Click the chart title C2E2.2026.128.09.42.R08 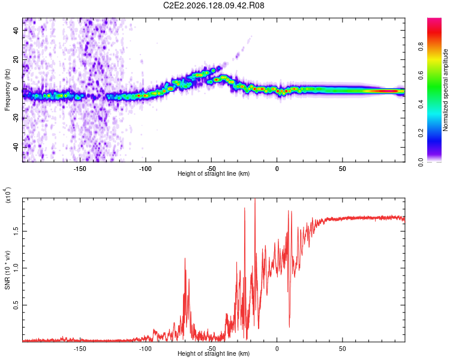coord(214,5)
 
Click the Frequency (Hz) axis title coord(7,90)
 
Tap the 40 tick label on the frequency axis coord(16,30)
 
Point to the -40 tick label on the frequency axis coord(16,148)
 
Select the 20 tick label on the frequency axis coord(16,59)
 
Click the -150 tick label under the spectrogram coord(79,169)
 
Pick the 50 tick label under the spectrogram coord(343,169)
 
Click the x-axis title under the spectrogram coord(214,173)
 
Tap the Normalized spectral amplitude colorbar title coord(445,90)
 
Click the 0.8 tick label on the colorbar coord(421,46)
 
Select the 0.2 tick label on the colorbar coord(421,133)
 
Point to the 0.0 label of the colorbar coord(421,162)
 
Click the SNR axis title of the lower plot coord(7,270)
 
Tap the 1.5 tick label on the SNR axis coord(16,232)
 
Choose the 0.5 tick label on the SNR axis coord(16,305)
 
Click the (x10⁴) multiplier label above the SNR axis coord(8,195)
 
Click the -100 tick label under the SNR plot coord(145,349)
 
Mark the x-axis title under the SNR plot coord(214,353)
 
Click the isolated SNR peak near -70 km coord(185,259)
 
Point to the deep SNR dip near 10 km coord(289,326)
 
